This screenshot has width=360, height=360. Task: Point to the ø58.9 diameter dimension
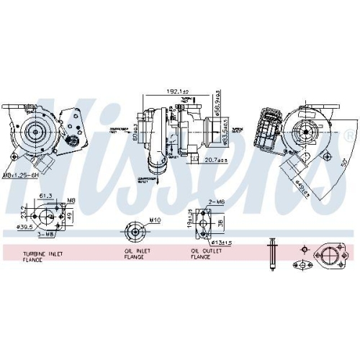pos(218,109)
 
